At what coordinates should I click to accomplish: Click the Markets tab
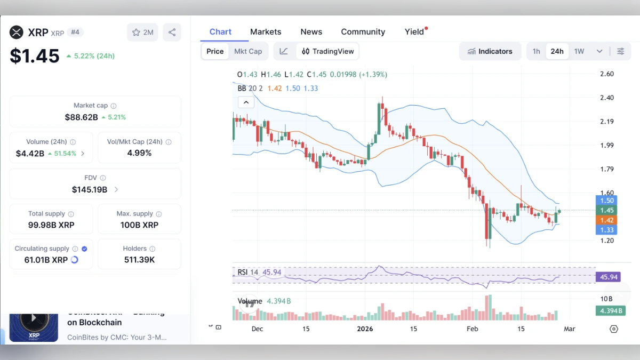pos(266,32)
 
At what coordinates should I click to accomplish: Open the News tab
pos(311,32)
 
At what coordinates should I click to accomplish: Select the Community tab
pos(363,32)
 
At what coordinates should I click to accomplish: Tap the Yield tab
pos(414,32)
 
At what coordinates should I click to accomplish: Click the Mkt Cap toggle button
pos(248,51)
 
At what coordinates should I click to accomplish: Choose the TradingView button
pos(328,51)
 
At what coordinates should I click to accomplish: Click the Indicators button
pos(490,51)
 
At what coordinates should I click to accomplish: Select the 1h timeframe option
pos(536,51)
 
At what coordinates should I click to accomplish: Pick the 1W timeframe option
pos(579,51)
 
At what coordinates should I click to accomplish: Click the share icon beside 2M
pos(172,32)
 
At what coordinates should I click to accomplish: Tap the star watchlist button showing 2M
pos(142,32)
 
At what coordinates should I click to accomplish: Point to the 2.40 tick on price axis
pos(607,98)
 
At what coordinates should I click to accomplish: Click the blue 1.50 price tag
pos(607,201)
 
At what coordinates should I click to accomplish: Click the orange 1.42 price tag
pos(607,220)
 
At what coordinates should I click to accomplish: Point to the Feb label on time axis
pos(472,329)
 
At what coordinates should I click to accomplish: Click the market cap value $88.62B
pos(81,117)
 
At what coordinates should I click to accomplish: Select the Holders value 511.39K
pos(139,260)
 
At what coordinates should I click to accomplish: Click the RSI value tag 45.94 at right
pos(609,277)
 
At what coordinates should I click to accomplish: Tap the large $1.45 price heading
pos(35,55)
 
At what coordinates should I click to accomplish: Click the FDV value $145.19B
pos(90,189)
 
